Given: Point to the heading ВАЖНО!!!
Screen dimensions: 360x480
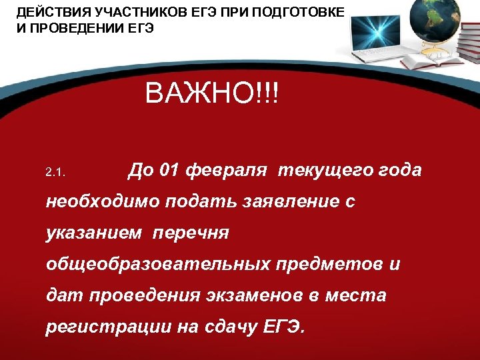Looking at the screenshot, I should (213, 94).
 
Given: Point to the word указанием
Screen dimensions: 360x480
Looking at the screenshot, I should (94, 233).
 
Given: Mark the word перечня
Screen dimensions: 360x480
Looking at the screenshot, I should (191, 233).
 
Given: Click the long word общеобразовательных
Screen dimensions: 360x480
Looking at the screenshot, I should (156, 265).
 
